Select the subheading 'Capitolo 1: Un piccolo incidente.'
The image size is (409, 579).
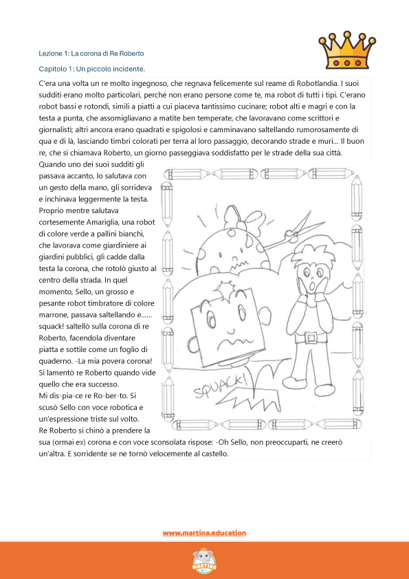coord(92,69)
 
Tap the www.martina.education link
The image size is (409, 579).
coord(204,533)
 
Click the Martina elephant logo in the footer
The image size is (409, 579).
coord(204,559)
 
